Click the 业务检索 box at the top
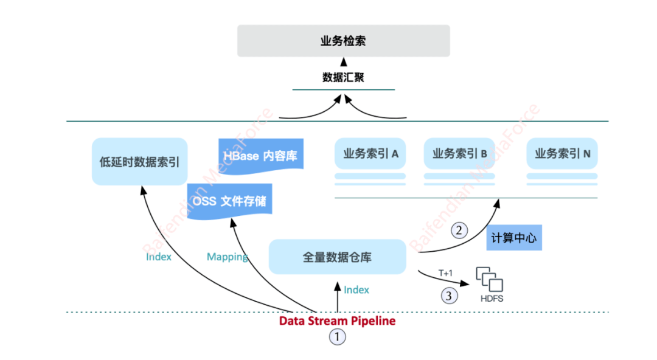(343, 41)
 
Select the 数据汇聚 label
(343, 77)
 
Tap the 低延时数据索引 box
(140, 161)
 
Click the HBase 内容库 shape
(260, 154)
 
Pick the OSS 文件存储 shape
(229, 200)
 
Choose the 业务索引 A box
(370, 154)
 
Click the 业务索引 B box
(459, 154)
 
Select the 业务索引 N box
(562, 154)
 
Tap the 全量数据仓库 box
(337, 257)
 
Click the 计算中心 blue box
(514, 238)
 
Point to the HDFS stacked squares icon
(490, 279)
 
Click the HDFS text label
(492, 299)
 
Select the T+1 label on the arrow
(445, 274)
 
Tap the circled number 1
(337, 337)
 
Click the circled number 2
(460, 230)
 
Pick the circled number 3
(449, 296)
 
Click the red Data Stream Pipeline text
(337, 320)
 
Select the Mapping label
(227, 257)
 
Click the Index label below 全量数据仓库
(356, 289)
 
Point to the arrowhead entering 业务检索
(343, 61)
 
